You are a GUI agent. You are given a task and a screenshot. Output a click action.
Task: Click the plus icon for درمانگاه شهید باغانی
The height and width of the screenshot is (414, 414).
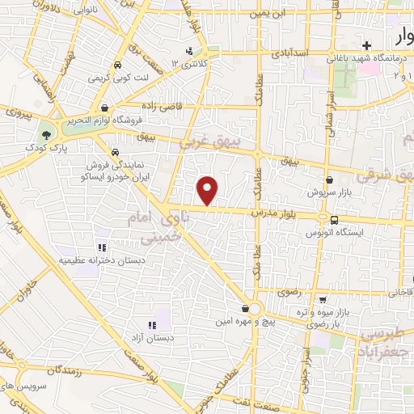[367, 45]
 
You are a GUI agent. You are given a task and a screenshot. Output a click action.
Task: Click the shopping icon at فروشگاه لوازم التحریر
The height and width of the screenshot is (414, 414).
[104, 108]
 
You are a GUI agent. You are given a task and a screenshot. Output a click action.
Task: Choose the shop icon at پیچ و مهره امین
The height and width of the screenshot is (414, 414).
[244, 309]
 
